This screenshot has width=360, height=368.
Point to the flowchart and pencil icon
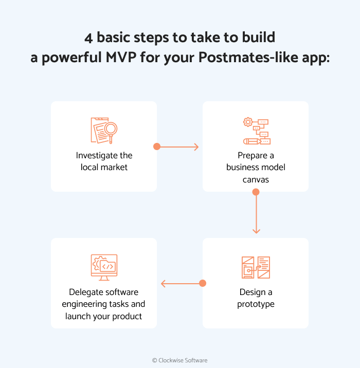click(256, 131)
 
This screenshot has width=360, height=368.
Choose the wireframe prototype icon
click(256, 267)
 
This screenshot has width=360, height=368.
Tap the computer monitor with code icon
click(104, 267)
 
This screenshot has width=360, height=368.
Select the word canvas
click(256, 179)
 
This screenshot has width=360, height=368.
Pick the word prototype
click(256, 304)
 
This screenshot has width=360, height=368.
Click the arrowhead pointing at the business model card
click(196, 147)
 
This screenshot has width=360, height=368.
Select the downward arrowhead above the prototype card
click(256, 231)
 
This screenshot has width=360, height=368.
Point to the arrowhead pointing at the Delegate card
click(163, 283)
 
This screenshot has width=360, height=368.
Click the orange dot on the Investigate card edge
click(157, 146)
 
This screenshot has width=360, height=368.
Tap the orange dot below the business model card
click(256, 192)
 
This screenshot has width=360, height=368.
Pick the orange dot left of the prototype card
click(202, 283)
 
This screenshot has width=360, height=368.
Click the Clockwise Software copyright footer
click(179, 360)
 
